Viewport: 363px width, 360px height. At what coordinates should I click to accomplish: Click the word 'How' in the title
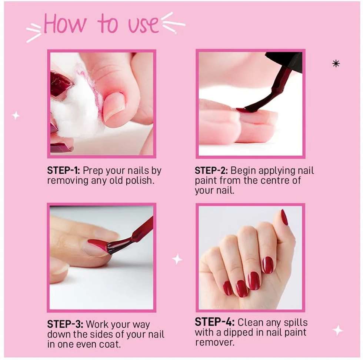[65, 24]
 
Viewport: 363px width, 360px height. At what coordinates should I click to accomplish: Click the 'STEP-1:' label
[63, 171]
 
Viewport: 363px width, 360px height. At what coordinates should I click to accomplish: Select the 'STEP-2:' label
[211, 171]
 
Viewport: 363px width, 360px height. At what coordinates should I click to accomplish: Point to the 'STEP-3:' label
[65, 324]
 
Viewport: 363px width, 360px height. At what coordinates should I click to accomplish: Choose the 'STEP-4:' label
[214, 322]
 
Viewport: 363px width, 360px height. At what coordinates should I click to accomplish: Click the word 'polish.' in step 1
[140, 181]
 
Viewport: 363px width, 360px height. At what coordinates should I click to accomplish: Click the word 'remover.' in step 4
[214, 342]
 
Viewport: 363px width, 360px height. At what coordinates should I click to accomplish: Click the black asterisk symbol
[336, 63]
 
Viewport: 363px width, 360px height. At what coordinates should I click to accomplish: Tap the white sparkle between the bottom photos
[177, 259]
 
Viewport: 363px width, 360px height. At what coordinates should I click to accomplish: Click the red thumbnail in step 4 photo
[284, 217]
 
